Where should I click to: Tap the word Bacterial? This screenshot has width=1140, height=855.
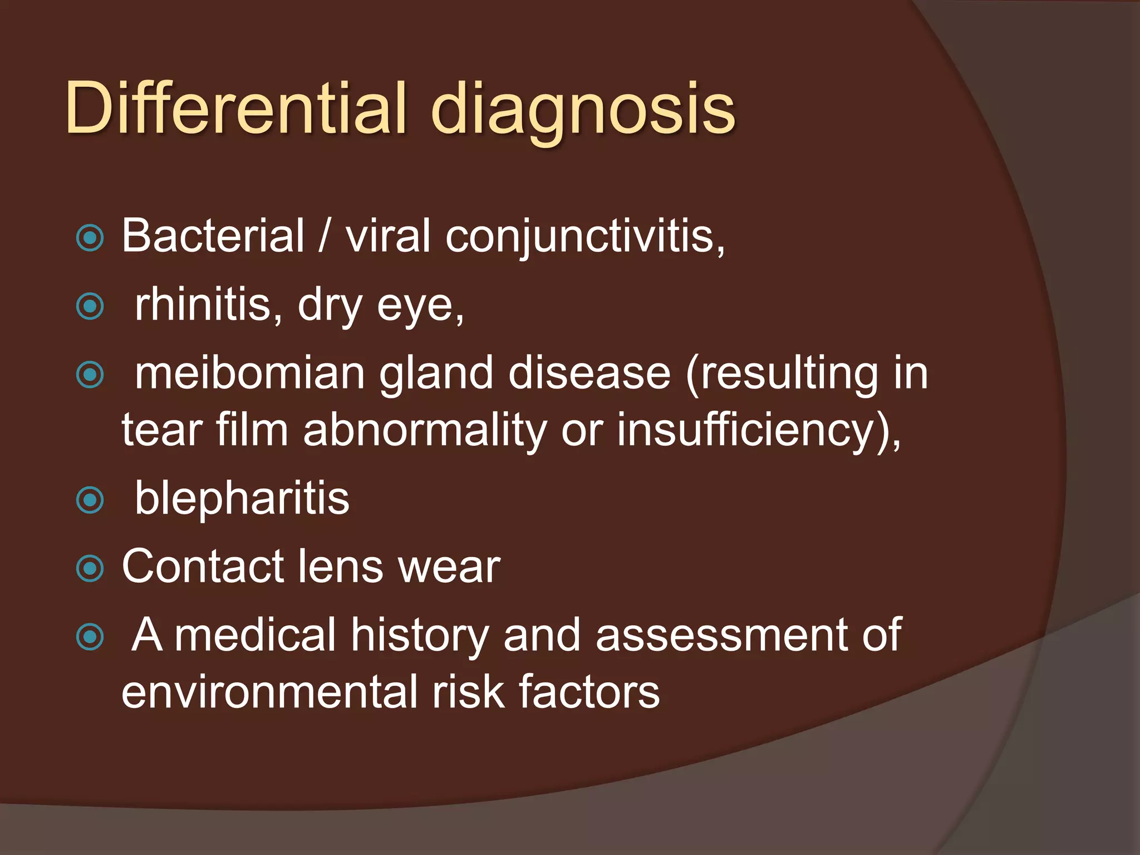click(x=213, y=235)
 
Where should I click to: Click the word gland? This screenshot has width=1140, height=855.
click(x=436, y=374)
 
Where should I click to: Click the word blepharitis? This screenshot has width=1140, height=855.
click(x=242, y=499)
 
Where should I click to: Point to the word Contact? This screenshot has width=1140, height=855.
click(x=203, y=567)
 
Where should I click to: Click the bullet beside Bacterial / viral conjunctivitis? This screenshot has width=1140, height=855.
click(x=90, y=238)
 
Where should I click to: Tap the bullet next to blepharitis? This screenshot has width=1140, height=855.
click(x=90, y=500)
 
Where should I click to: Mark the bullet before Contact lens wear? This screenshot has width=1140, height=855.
click(x=90, y=568)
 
